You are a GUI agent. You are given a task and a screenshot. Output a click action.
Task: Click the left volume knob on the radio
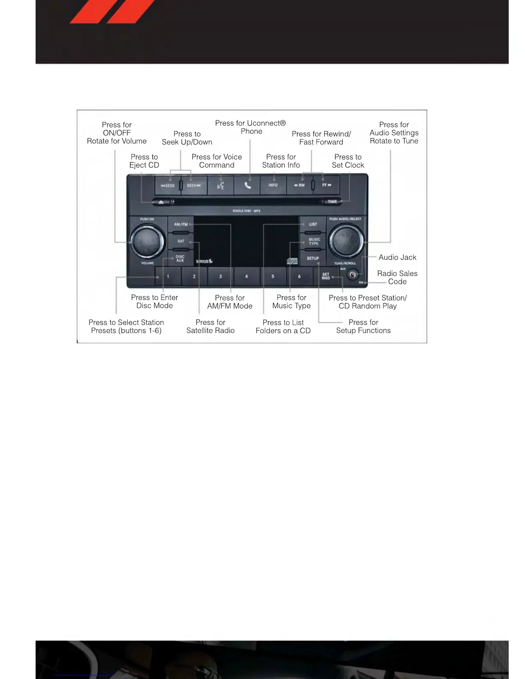coord(146,241)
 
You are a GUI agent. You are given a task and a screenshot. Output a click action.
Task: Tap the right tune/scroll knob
coord(345,241)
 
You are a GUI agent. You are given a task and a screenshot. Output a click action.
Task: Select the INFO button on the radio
coord(273,185)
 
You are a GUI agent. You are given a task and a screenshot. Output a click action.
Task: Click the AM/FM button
coord(181,224)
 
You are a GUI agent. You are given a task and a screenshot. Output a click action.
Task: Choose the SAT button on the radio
coord(181,241)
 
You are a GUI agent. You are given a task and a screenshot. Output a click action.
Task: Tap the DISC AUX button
coord(180,258)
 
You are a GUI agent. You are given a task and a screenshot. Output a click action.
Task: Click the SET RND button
coord(326,276)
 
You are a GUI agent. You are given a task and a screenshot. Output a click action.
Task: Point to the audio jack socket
coord(353,274)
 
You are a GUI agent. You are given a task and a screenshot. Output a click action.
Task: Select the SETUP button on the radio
coord(313,258)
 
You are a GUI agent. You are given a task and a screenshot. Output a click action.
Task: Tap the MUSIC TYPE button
coord(314,241)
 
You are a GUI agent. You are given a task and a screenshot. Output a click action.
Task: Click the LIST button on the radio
coord(313,224)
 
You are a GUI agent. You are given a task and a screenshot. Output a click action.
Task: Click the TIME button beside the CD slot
coord(332,201)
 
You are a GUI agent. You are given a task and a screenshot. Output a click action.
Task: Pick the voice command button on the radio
coord(220,185)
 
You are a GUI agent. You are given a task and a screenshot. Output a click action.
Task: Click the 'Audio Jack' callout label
coord(397,257)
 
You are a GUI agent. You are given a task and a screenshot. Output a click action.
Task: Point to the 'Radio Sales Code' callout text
coord(397,277)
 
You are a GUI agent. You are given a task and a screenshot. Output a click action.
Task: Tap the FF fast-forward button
coord(327,185)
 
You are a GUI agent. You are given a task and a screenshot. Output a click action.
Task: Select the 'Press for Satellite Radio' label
coord(210,326)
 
